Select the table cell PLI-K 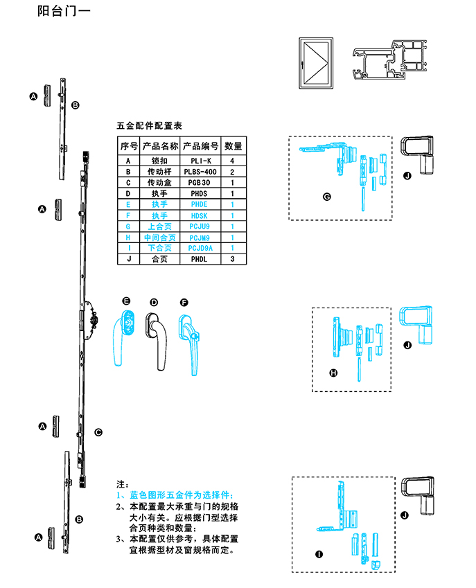(200, 161)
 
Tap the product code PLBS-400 (200, 172)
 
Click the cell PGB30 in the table (200, 183)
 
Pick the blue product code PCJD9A (200, 248)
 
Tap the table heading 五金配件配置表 (149, 127)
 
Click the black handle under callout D (157, 336)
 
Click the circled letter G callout (326, 197)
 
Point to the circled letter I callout (318, 554)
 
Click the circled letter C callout (98, 432)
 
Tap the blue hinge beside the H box (417, 325)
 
